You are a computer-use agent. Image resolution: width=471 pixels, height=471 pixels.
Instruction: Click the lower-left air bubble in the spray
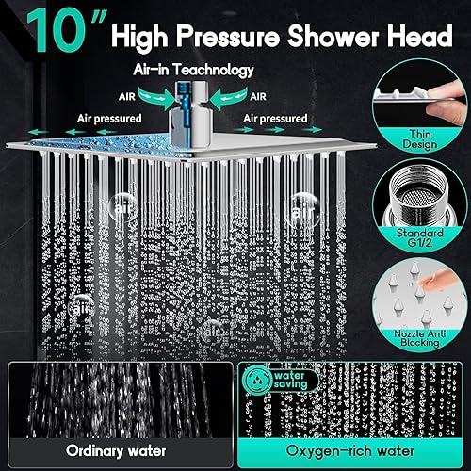pyautogui.click(x=84, y=306)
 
